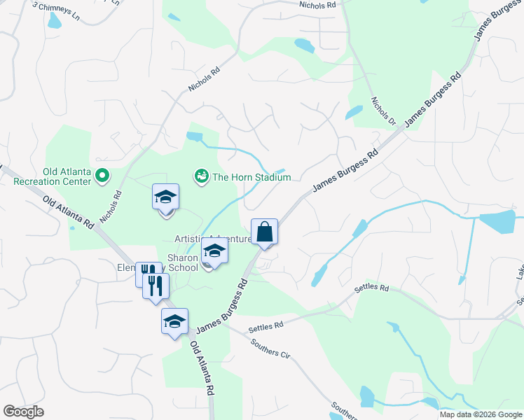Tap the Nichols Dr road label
point(384,111)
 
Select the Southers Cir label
point(270,349)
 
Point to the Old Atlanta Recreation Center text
point(53,177)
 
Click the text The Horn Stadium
point(251,178)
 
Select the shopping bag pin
point(265,232)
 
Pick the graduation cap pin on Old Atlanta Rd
point(174,322)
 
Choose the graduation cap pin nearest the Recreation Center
point(165,197)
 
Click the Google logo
point(23,412)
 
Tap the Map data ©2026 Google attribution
point(481,414)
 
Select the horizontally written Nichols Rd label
point(317,5)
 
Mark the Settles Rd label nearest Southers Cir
point(266,326)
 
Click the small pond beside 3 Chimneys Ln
point(54,21)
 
